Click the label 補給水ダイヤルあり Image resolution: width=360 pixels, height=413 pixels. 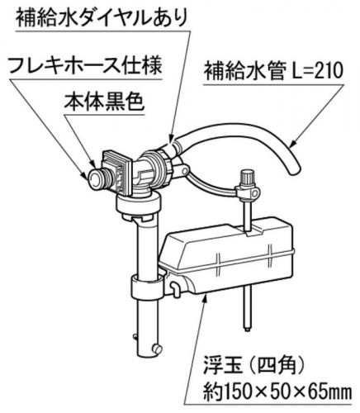102,17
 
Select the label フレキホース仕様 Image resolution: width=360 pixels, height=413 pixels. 85,65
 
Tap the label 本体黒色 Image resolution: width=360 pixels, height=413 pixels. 104,102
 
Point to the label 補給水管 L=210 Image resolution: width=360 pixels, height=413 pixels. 273,71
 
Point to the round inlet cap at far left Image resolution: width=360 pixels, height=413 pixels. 94,178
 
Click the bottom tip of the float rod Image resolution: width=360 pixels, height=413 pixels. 248,330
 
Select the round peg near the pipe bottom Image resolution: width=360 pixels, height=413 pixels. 157,349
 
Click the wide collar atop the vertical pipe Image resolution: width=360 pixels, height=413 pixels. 138,205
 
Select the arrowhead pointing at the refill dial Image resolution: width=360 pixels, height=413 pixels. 171,137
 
